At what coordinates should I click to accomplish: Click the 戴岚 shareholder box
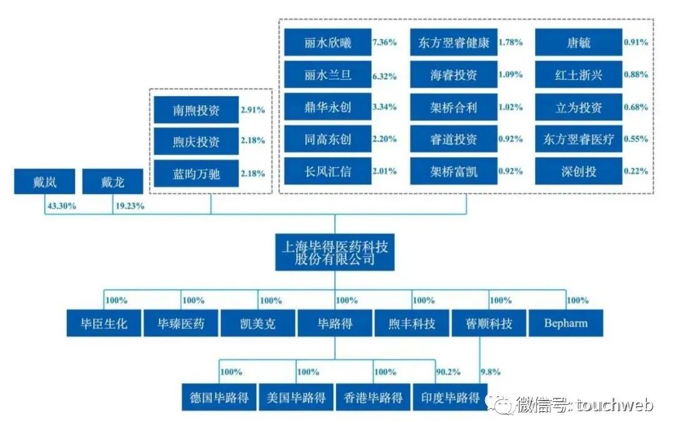(x=45, y=182)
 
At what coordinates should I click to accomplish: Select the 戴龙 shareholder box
(x=113, y=182)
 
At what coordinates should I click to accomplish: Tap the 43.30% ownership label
(x=61, y=205)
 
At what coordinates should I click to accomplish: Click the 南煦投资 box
(x=197, y=110)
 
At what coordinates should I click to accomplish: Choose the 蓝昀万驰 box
(x=197, y=173)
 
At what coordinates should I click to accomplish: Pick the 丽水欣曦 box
(x=327, y=43)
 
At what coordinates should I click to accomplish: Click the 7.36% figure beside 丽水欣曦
(x=384, y=43)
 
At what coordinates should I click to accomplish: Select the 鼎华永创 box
(x=327, y=107)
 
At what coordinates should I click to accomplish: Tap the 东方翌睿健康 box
(x=454, y=43)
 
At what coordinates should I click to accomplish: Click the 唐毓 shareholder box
(x=578, y=43)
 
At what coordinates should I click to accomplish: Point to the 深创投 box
(x=578, y=171)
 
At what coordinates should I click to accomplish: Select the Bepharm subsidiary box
(x=566, y=324)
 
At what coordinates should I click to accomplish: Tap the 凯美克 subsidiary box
(x=258, y=324)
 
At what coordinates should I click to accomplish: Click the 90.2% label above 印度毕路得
(x=448, y=372)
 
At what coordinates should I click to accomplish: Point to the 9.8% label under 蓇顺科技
(x=491, y=372)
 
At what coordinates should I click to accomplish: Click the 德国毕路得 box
(x=219, y=397)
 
